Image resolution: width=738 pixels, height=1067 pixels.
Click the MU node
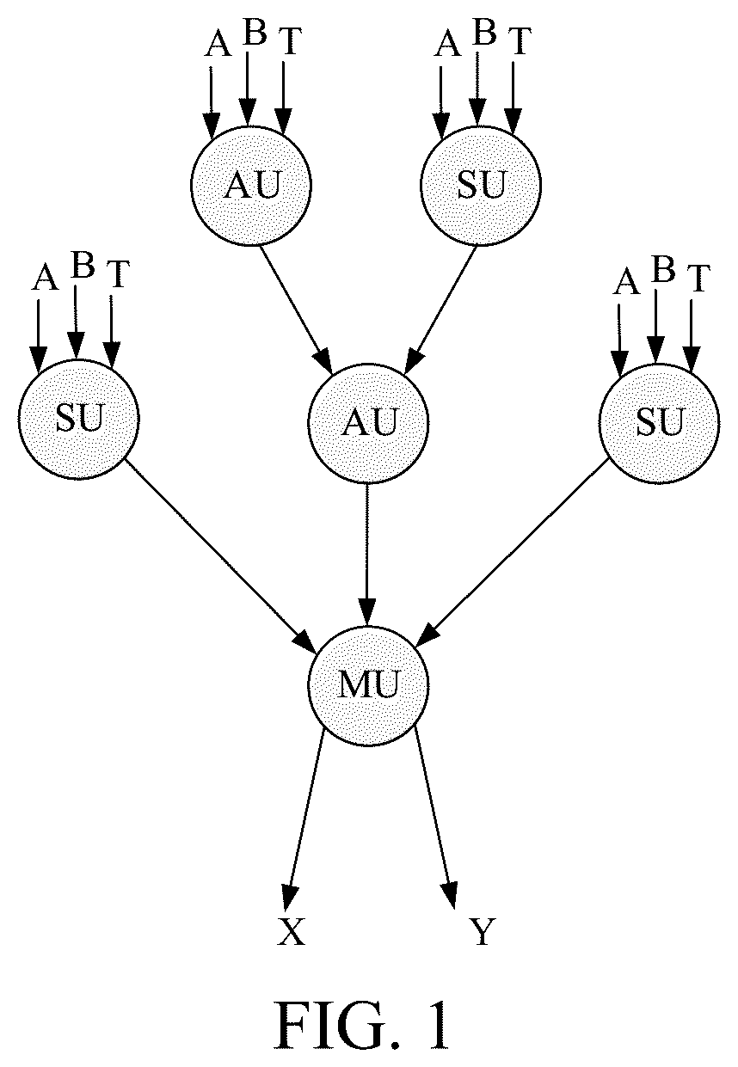[368, 685]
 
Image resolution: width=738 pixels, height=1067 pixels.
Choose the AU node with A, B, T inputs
[251, 186]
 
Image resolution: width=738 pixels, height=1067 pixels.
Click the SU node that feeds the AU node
[480, 186]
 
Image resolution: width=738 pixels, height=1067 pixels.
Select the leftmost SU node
[78, 419]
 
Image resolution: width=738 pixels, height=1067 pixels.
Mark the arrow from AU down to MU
[367, 554]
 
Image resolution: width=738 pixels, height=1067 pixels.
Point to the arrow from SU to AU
[440, 310]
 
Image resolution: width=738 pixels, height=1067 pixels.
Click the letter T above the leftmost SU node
[118, 273]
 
